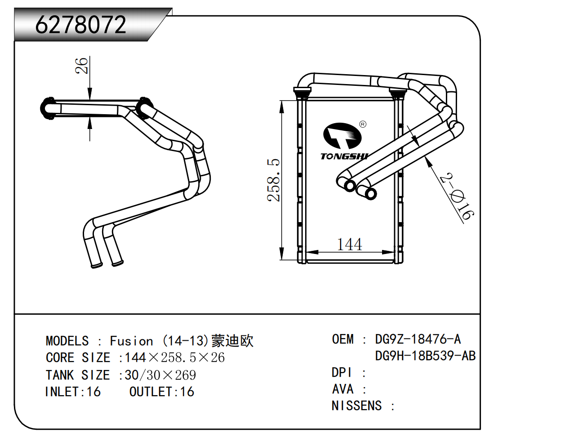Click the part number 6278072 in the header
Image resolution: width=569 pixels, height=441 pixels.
click(81, 25)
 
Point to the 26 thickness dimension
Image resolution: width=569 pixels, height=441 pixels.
click(81, 66)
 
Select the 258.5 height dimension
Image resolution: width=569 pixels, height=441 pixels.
click(273, 180)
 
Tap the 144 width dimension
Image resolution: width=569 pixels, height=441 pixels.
click(349, 245)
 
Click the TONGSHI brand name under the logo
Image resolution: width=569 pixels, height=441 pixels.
click(344, 156)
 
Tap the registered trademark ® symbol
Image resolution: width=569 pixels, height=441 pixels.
click(363, 124)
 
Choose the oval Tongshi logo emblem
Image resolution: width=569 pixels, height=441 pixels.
click(342, 136)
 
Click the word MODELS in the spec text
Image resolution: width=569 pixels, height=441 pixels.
click(67, 341)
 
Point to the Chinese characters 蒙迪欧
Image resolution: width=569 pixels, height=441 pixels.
click(232, 341)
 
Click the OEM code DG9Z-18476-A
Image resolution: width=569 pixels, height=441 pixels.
click(418, 339)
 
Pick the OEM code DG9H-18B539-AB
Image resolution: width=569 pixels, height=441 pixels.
click(425, 356)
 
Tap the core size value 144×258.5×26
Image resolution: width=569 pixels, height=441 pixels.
click(174, 358)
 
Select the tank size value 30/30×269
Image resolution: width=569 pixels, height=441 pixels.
click(160, 375)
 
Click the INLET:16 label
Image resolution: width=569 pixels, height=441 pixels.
click(73, 392)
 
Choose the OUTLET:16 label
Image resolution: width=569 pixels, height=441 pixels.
click(162, 392)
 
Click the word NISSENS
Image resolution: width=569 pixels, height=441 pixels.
click(356, 406)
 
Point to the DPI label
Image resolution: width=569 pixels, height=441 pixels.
click(342, 373)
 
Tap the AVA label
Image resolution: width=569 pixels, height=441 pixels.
click(342, 389)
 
